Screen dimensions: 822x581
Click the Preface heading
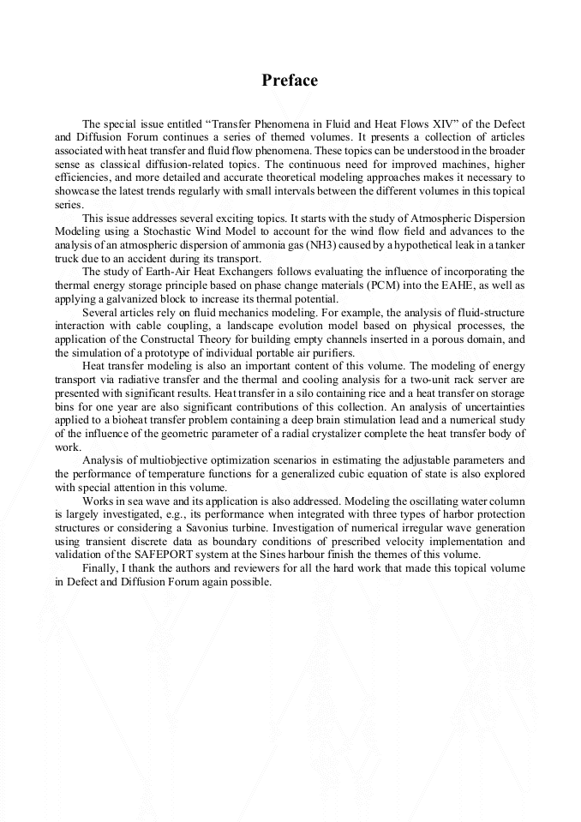point(290,81)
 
